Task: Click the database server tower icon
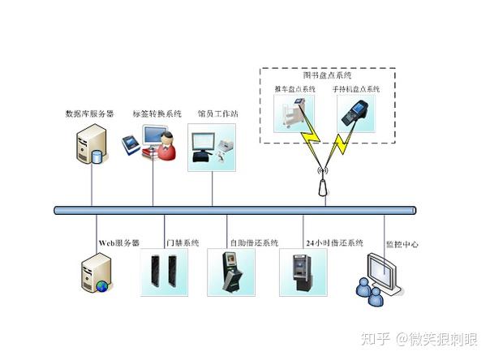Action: coord(92,143)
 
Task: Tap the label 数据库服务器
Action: coord(89,114)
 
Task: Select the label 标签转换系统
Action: coord(157,114)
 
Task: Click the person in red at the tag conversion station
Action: coord(166,146)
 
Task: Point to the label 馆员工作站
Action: coord(217,114)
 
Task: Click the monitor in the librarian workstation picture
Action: coord(203,142)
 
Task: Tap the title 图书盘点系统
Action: coord(327,75)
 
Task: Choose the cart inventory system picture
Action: coord(294,114)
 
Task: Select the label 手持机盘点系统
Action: coord(356,89)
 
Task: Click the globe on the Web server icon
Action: coord(102,285)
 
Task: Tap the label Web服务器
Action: coord(119,243)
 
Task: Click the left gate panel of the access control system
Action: coord(155,271)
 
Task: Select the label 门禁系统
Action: coord(183,242)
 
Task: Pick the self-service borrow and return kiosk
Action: coord(231,272)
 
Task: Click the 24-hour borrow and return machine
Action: coord(302,272)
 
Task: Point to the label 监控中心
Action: coord(402,244)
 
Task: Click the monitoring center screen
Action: coord(383,272)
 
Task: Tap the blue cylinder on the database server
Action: coord(97,156)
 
